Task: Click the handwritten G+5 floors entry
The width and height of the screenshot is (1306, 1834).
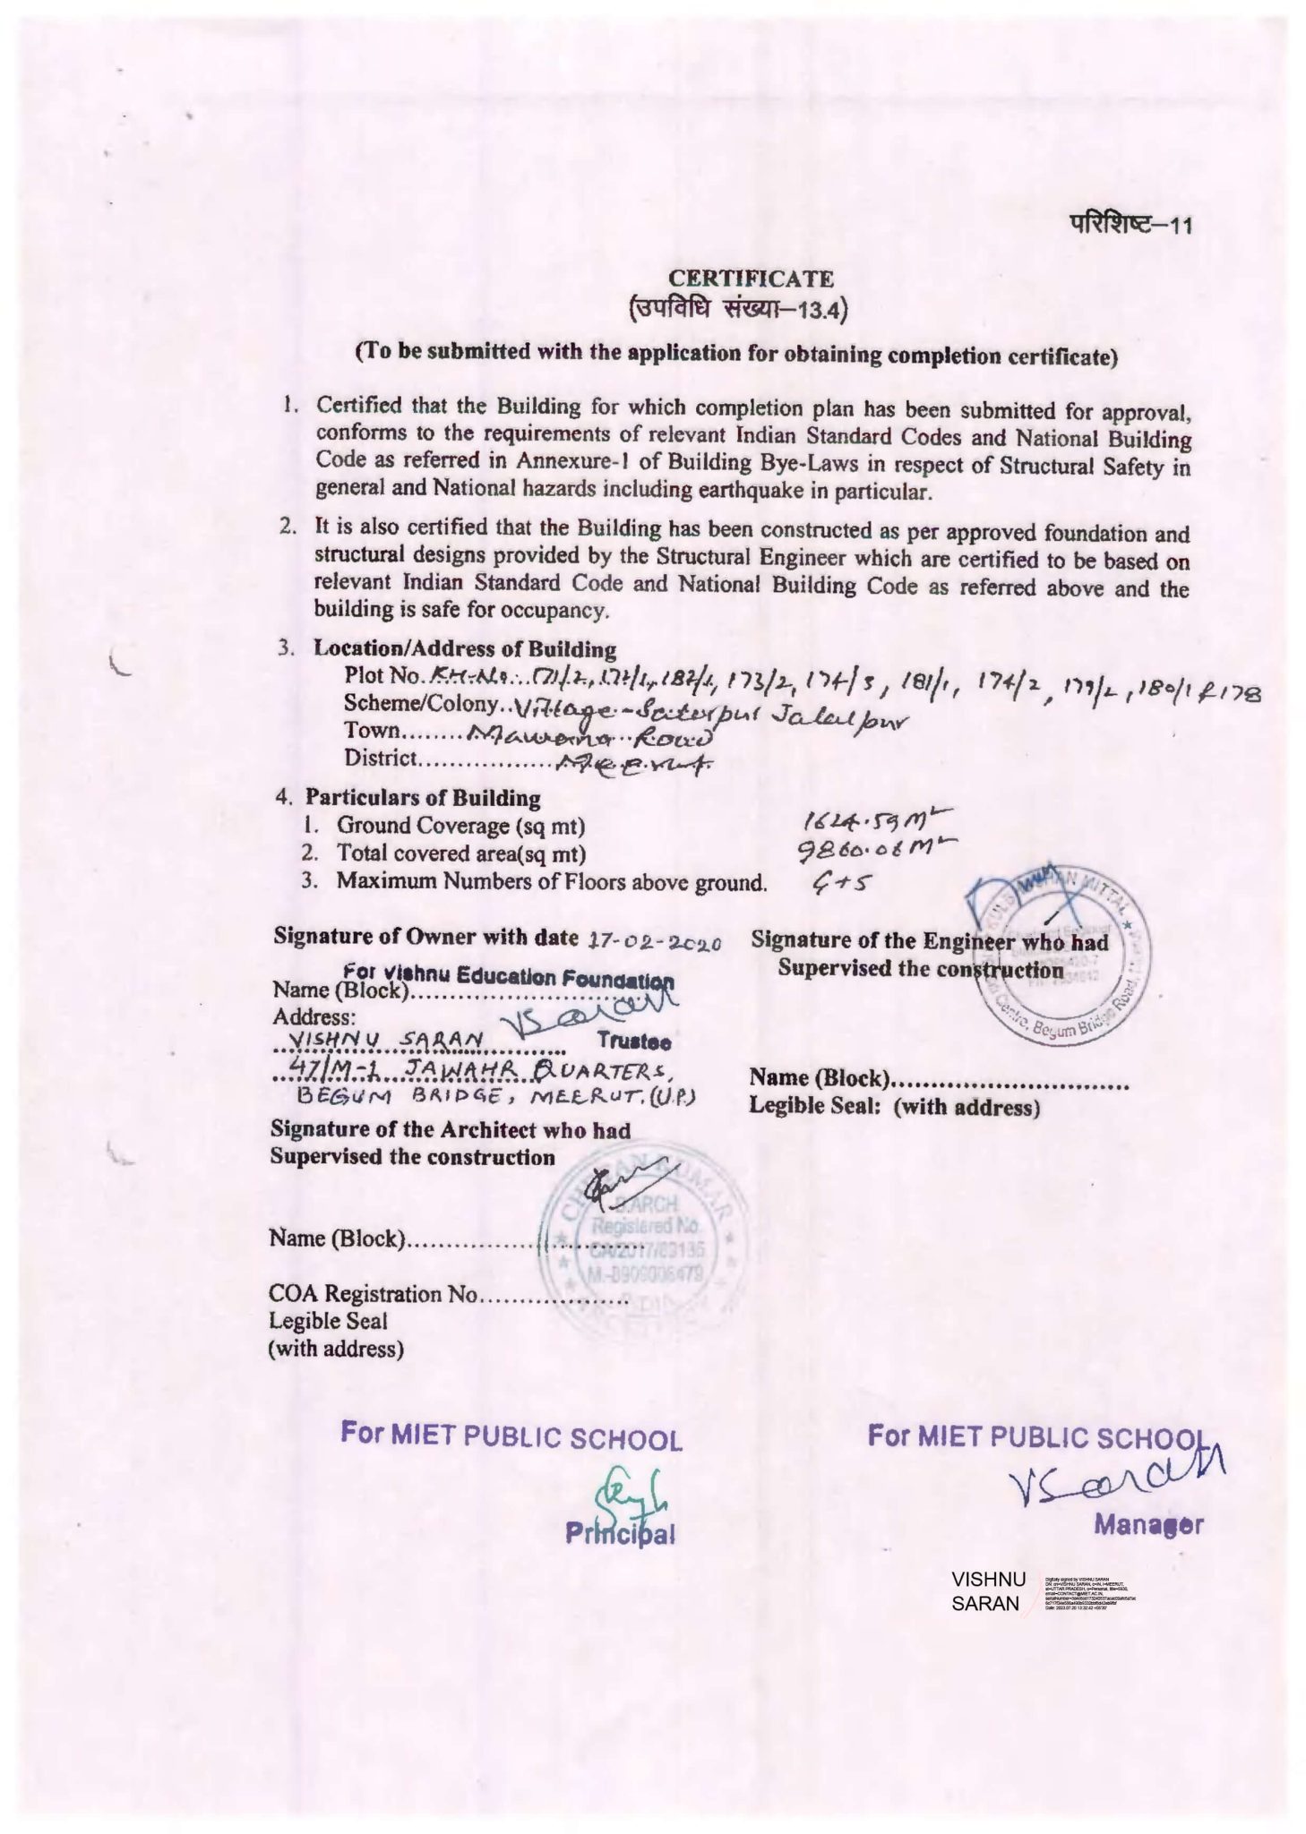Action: (840, 883)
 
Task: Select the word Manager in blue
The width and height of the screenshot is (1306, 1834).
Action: (1148, 1525)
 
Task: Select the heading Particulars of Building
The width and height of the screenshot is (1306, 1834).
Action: (422, 797)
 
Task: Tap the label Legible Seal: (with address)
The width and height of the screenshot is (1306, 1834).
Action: (894, 1107)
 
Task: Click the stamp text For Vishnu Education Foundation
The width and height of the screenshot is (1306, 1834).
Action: (507, 975)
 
